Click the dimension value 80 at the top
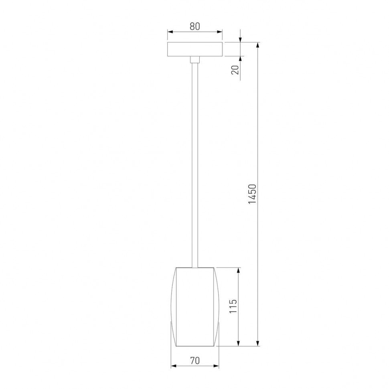194,26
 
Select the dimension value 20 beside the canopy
236,69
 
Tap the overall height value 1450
252,194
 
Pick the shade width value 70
195,361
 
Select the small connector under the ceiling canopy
195,60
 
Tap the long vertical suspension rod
195,160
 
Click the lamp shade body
195,307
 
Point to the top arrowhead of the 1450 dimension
257,45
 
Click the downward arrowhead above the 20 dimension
240,39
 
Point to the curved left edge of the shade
172,307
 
